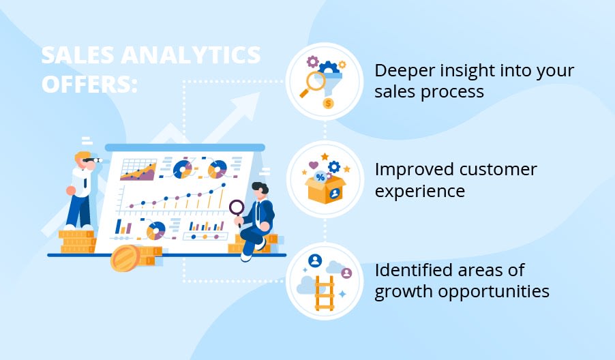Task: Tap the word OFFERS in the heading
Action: point(89,85)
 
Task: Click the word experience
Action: point(420,191)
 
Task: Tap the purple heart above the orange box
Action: point(313,164)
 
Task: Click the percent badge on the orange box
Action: point(320,177)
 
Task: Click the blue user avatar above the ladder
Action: point(314,260)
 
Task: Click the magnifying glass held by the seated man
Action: point(237,207)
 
